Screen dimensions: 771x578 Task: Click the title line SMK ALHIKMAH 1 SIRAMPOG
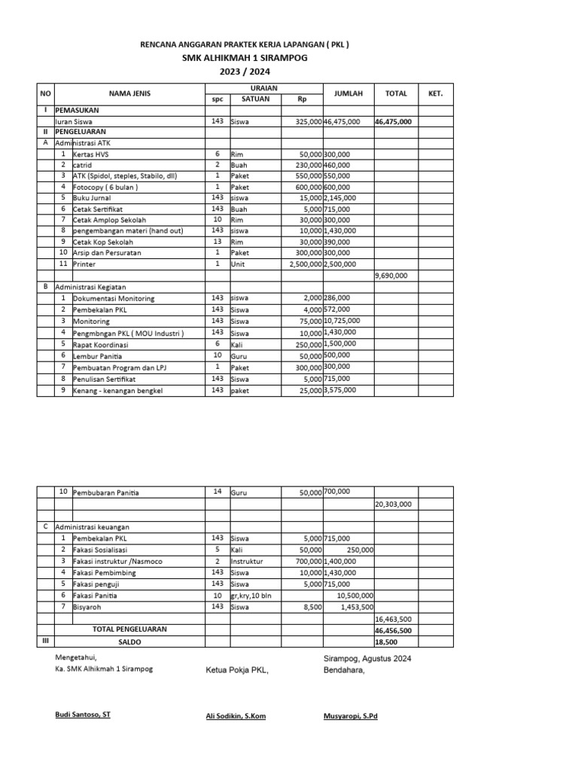(x=245, y=58)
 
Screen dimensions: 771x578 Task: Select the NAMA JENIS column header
(x=129, y=93)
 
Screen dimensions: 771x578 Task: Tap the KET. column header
(x=435, y=93)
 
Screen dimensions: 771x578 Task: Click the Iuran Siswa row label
(x=75, y=121)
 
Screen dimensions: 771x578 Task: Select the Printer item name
(x=84, y=264)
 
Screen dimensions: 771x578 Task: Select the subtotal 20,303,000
(x=393, y=504)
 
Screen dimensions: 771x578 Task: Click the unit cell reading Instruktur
(x=247, y=561)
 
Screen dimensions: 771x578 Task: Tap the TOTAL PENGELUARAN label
(x=129, y=628)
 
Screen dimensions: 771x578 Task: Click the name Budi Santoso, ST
(x=83, y=715)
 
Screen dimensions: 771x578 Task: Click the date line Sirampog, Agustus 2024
(x=367, y=658)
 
